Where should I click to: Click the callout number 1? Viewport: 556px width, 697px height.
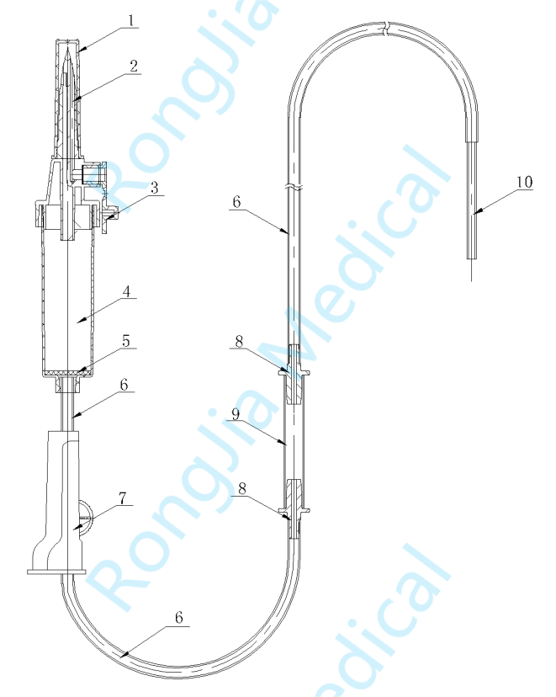131,20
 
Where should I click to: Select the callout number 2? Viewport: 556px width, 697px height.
134,67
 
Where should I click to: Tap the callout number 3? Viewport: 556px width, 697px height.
154,188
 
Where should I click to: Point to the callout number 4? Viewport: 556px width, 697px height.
127,292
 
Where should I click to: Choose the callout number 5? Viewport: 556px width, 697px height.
126,341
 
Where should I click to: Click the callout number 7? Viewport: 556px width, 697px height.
123,498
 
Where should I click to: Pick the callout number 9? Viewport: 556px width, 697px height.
236,414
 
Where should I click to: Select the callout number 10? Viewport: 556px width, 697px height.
524,182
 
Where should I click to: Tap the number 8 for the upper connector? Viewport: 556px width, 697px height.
239,342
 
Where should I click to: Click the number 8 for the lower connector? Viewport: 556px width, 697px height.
242,488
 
